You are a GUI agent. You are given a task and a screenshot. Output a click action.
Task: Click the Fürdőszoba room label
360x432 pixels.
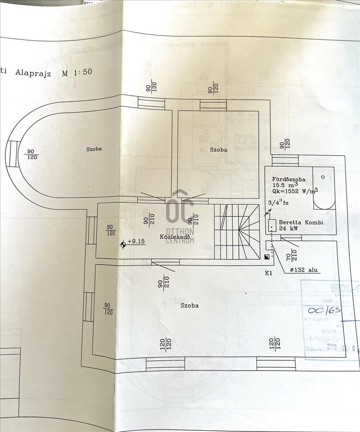[x=289, y=179]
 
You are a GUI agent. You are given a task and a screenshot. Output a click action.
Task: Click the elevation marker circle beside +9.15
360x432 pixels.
[x=123, y=245]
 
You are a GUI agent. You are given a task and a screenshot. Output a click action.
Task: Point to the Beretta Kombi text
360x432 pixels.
[x=300, y=222]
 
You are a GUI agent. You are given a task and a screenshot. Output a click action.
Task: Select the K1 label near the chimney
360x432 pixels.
[x=269, y=273]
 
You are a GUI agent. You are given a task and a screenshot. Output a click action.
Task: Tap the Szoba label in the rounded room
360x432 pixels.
[x=93, y=149]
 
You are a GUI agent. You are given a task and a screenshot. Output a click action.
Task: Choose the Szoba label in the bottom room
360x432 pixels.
[x=189, y=305]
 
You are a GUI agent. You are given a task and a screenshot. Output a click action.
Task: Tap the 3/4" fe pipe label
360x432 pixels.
[x=279, y=202]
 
